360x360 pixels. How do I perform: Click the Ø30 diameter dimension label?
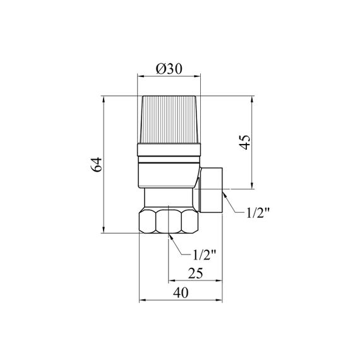169,69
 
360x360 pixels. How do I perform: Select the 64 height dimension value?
96,164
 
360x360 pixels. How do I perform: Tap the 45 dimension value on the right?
245,142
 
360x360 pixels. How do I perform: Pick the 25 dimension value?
196,273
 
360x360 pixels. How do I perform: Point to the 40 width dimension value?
181,293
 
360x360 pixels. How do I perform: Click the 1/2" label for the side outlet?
257,213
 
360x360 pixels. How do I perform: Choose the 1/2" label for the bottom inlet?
205,255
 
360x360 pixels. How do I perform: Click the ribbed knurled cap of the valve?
169,119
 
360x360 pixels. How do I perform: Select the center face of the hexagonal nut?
169,221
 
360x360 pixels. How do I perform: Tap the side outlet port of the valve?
211,190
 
